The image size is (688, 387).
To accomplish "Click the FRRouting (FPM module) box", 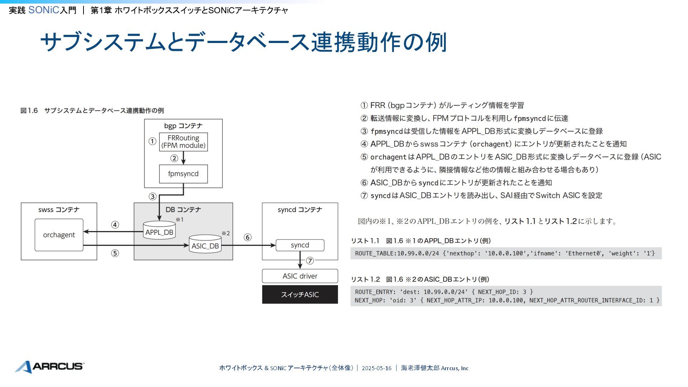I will tap(183, 142).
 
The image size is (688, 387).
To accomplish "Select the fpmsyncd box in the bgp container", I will tap(183, 174).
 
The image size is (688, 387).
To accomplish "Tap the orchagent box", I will tap(59, 235).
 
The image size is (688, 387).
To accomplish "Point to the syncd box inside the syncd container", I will tap(300, 245).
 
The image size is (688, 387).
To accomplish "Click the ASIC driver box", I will tap(300, 276).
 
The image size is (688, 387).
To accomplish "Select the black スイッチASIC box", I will tap(300, 295).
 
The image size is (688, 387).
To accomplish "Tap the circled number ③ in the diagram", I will tap(153, 196).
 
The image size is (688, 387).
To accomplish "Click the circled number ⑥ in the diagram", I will tap(248, 237).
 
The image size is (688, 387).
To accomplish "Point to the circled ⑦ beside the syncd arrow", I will tap(310, 261).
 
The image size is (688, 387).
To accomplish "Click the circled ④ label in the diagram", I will tap(115, 225).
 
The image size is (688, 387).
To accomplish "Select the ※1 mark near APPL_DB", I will tap(180, 219).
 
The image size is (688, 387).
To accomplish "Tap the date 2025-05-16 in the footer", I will tap(377, 368).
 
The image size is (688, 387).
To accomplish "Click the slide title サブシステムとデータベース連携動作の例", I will tap(244, 42).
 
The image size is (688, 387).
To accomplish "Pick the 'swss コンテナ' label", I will tap(59, 210).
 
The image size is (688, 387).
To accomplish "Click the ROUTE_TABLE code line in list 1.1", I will tap(505, 253).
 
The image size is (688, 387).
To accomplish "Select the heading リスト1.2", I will tap(365, 279).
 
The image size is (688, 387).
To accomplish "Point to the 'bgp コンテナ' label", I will tap(183, 126).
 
